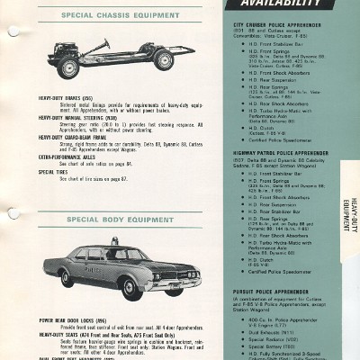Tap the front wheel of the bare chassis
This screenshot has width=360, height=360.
click(x=69, y=66)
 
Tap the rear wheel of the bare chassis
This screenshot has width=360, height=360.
click(x=163, y=60)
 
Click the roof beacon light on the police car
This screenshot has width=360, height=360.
click(x=115, y=241)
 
